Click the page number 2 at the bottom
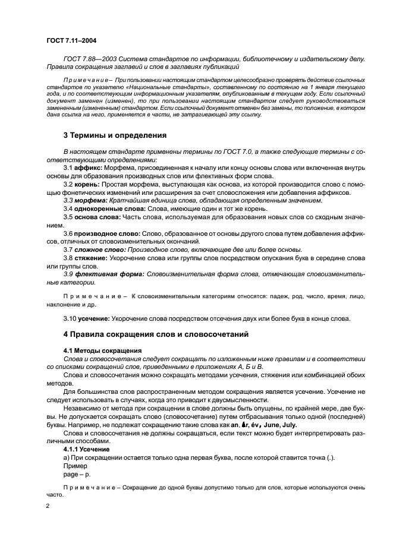coord(48,507)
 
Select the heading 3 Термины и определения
coord(111,136)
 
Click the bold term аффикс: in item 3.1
coord(89,168)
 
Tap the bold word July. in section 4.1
coord(282,425)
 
